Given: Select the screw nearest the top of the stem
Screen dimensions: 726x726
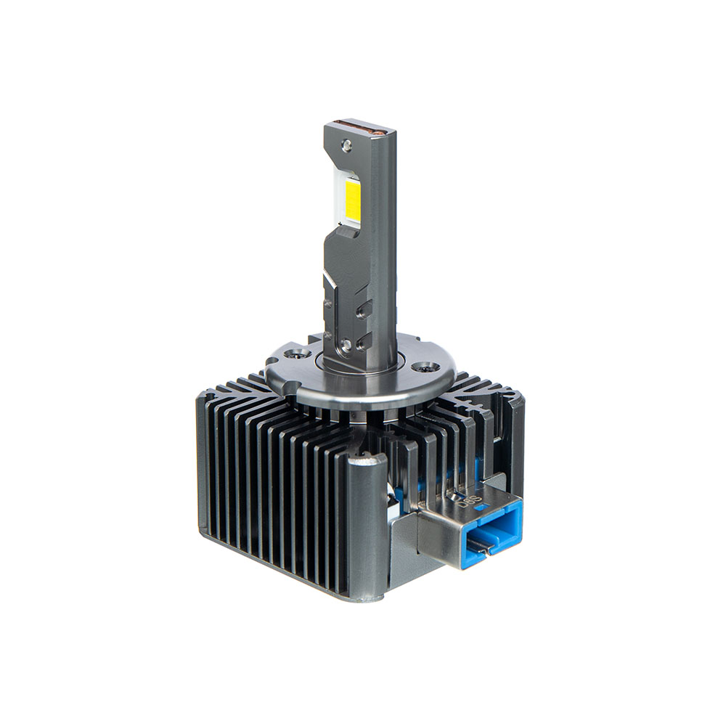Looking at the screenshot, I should pyautogui.click(x=347, y=146).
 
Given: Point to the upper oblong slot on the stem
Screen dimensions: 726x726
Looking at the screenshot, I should pyautogui.click(x=364, y=309).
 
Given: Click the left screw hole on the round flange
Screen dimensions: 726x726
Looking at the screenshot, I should pyautogui.click(x=294, y=354).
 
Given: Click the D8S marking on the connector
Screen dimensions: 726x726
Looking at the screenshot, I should pyautogui.click(x=462, y=499).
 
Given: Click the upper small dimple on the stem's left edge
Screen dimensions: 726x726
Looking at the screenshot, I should pyautogui.click(x=328, y=303).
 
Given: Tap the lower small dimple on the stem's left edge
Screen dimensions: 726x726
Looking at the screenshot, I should pyautogui.click(x=328, y=335).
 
